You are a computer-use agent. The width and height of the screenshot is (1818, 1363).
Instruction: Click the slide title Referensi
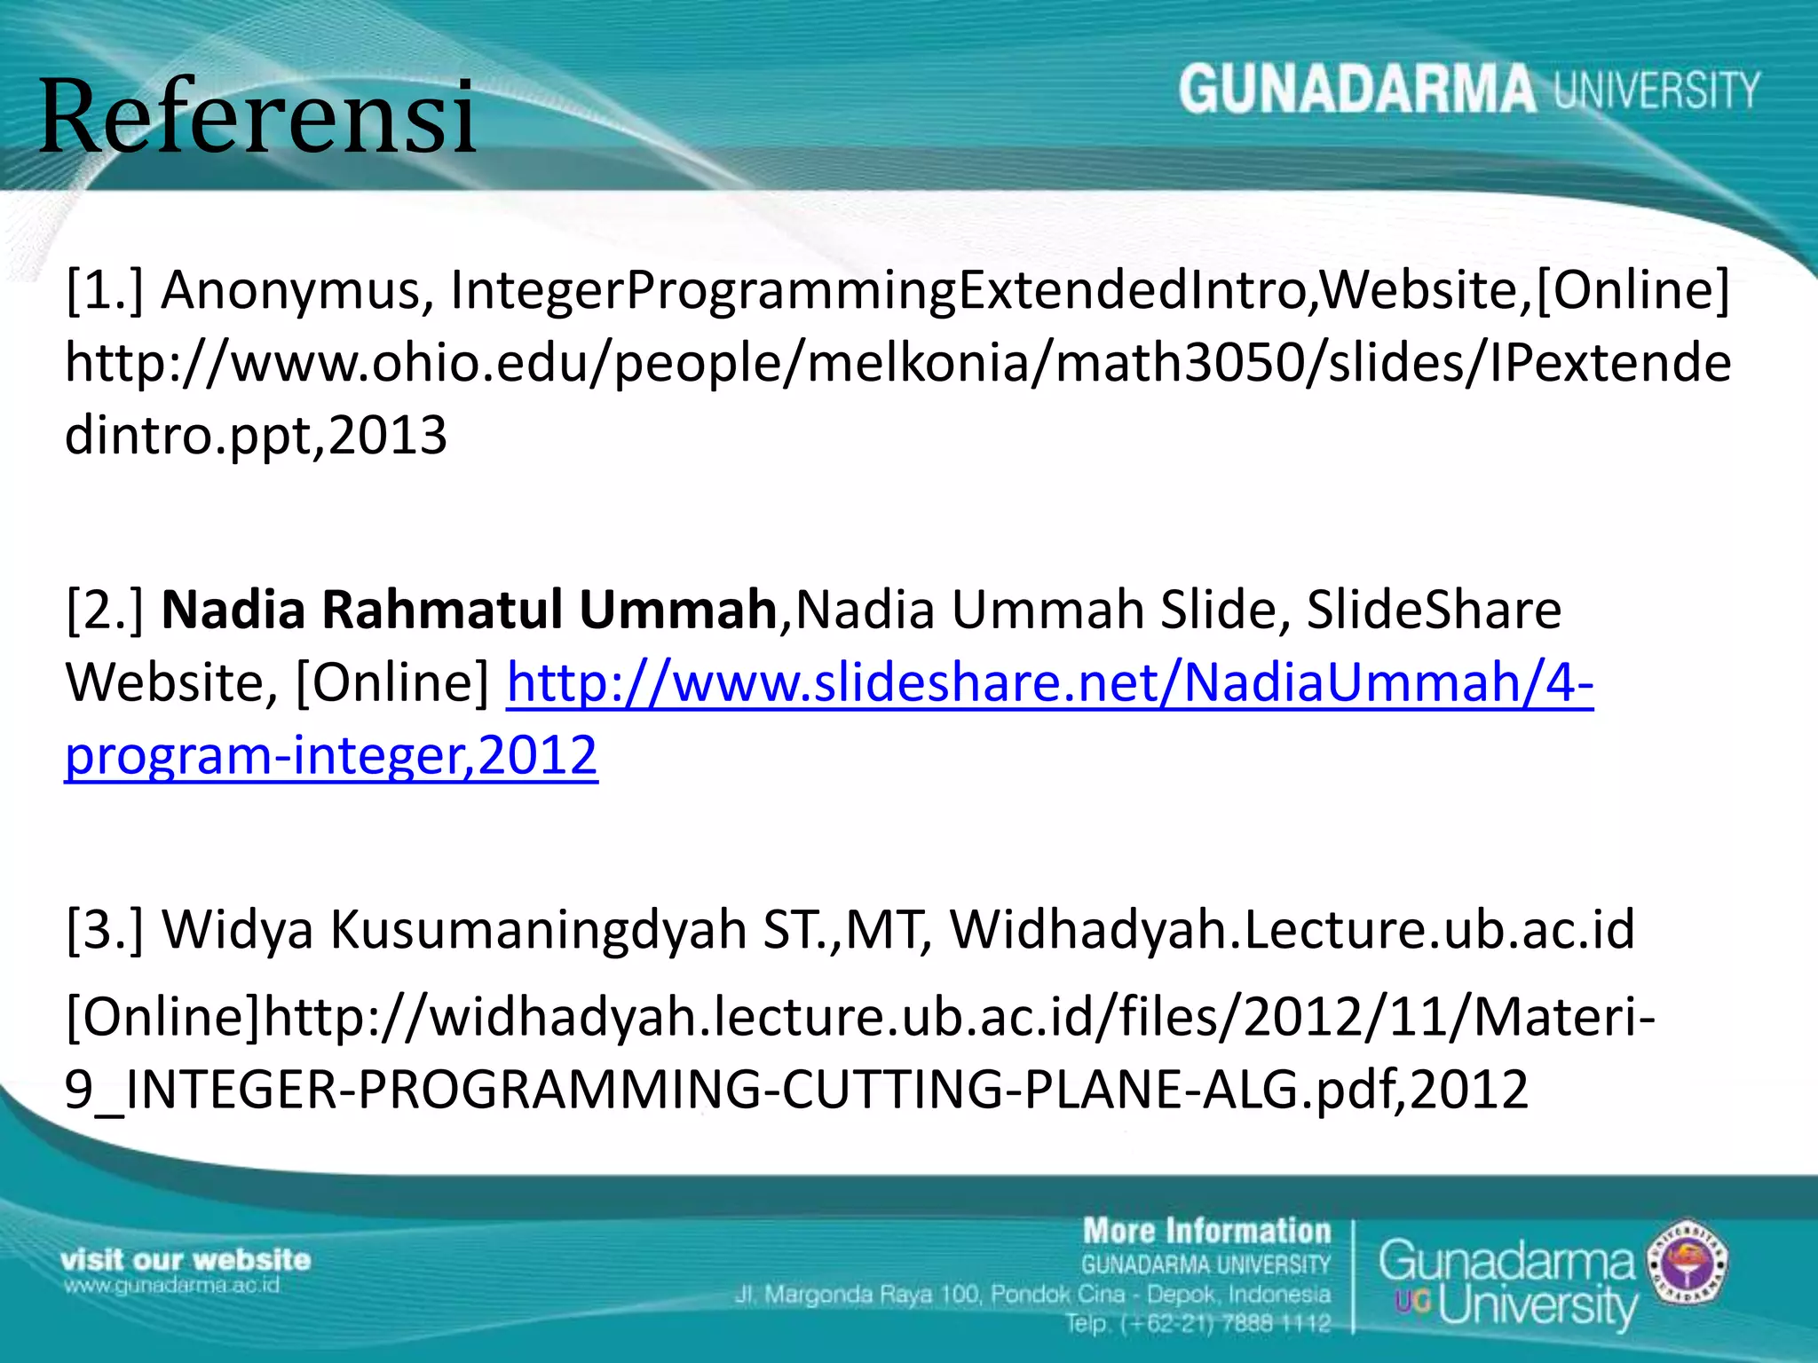point(257,117)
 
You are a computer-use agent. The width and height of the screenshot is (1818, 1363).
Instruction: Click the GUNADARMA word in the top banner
point(1356,91)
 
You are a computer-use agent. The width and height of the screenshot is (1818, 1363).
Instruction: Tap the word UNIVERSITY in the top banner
point(1656,91)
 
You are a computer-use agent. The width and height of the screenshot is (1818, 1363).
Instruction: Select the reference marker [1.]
point(105,290)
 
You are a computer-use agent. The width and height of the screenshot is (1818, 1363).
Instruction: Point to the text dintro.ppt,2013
point(256,435)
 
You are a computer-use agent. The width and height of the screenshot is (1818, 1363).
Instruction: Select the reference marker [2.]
point(105,610)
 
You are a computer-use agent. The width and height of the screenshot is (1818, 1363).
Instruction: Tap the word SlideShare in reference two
point(1434,610)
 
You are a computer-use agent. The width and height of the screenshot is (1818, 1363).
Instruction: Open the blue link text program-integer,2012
point(331,755)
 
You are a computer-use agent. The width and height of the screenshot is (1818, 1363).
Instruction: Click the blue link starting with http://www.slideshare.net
point(1049,682)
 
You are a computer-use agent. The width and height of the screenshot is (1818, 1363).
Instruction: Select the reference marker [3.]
point(105,929)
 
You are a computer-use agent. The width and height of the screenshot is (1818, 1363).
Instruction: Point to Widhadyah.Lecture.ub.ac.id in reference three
point(1292,929)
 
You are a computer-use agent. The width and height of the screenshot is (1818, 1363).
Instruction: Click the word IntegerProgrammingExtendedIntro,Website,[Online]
point(1090,290)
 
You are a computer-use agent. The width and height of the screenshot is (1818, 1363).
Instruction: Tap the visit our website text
point(186,1259)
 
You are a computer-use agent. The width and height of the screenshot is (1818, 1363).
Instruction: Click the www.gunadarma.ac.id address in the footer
point(170,1285)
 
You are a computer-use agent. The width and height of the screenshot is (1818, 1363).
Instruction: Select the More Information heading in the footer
point(1206,1232)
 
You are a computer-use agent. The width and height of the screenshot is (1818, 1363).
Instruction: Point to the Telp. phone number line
point(1198,1324)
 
